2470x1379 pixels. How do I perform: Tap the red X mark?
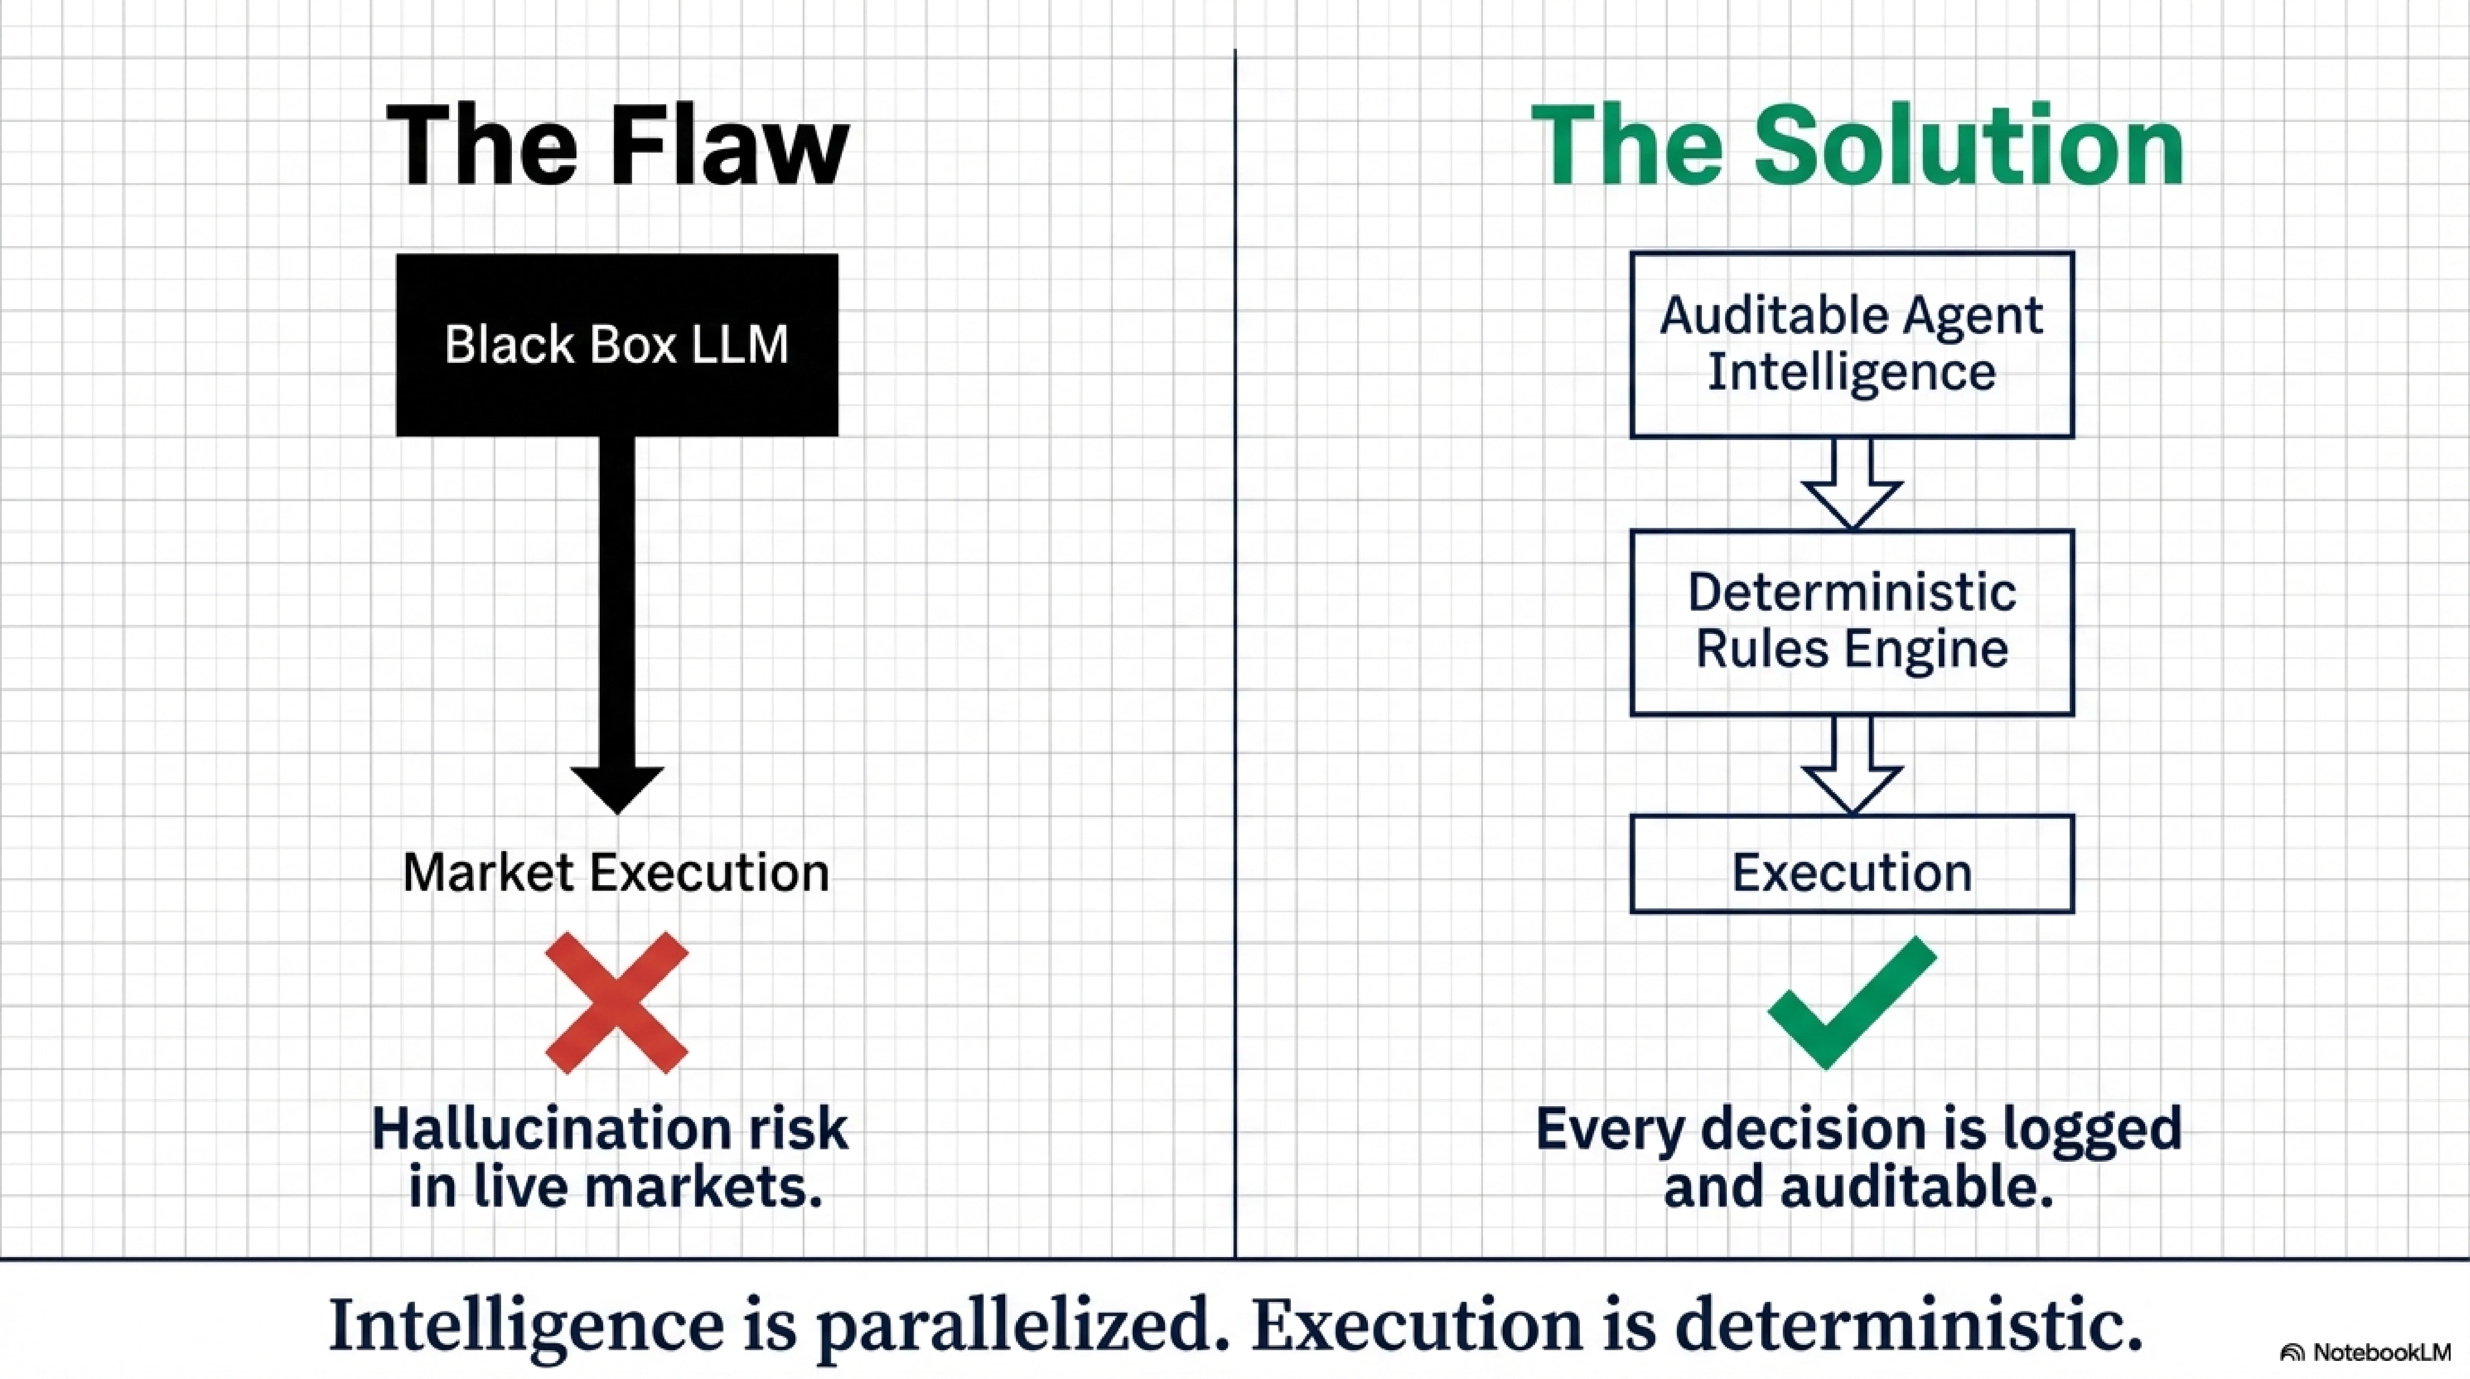pos(617,1002)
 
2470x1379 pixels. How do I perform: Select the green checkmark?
pos(1850,1002)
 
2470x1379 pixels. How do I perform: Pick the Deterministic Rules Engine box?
pos(1852,621)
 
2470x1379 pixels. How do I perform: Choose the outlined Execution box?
pos(1852,863)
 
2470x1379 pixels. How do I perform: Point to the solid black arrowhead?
pos(617,786)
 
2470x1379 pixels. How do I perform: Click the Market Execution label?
pos(617,873)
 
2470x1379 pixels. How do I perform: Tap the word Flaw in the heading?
pos(729,146)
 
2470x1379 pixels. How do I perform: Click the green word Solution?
pos(1968,146)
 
